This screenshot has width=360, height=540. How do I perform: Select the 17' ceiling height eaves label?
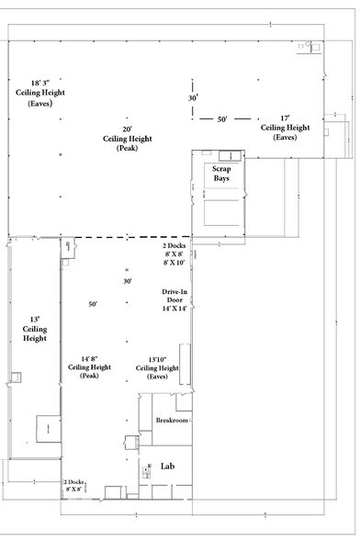(x=286, y=128)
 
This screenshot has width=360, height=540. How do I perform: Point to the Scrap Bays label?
(x=221, y=173)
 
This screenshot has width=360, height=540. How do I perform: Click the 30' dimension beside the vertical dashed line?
(x=194, y=97)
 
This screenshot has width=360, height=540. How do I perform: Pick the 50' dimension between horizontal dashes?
(x=222, y=118)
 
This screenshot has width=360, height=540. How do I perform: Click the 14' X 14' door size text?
(x=174, y=309)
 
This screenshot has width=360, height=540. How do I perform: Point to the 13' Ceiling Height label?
(x=33, y=329)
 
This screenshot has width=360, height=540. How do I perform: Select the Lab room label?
(x=167, y=466)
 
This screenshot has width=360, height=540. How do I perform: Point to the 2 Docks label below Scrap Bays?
(x=173, y=247)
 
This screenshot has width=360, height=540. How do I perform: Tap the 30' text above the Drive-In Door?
(x=128, y=281)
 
